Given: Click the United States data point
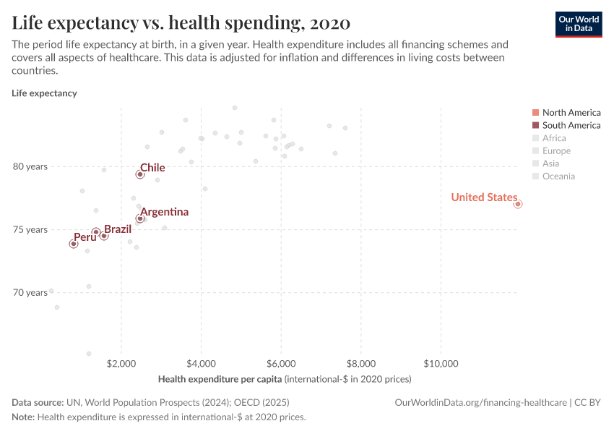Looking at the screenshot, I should pos(518,204).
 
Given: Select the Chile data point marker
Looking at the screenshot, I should pos(140,174).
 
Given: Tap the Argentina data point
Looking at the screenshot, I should pos(140,218).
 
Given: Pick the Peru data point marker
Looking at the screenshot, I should pos(74,244).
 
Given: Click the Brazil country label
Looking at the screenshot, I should pos(118,229).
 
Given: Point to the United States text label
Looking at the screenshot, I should pos(483,197).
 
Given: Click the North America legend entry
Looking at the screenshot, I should pos(571,112).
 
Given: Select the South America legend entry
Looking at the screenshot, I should pos(571,125).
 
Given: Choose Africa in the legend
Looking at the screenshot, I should pos(554,138).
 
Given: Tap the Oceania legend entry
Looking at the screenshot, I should pos(558,176).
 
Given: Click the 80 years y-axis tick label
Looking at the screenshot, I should pos(30,166).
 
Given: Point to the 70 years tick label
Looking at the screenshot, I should pos(30,292).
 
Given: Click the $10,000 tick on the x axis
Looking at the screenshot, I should pos(441,363).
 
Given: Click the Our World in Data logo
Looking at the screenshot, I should pos(578,24).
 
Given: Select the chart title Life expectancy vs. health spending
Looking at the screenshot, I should pos(181,23).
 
